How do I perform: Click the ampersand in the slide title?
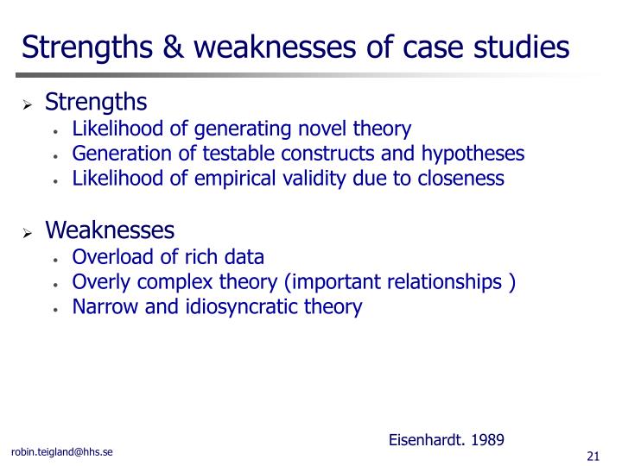(173, 47)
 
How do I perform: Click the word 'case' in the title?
(433, 47)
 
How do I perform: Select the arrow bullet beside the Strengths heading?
(27, 104)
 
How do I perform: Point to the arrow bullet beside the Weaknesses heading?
(27, 233)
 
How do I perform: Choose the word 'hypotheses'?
(473, 154)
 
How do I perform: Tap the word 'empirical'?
(235, 179)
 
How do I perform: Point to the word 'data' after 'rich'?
(244, 257)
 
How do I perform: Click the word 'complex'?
(175, 283)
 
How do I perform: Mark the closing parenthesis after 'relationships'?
(511, 282)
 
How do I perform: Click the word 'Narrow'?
(105, 306)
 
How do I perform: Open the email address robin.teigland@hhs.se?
(62, 452)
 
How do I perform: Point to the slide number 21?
(593, 457)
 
